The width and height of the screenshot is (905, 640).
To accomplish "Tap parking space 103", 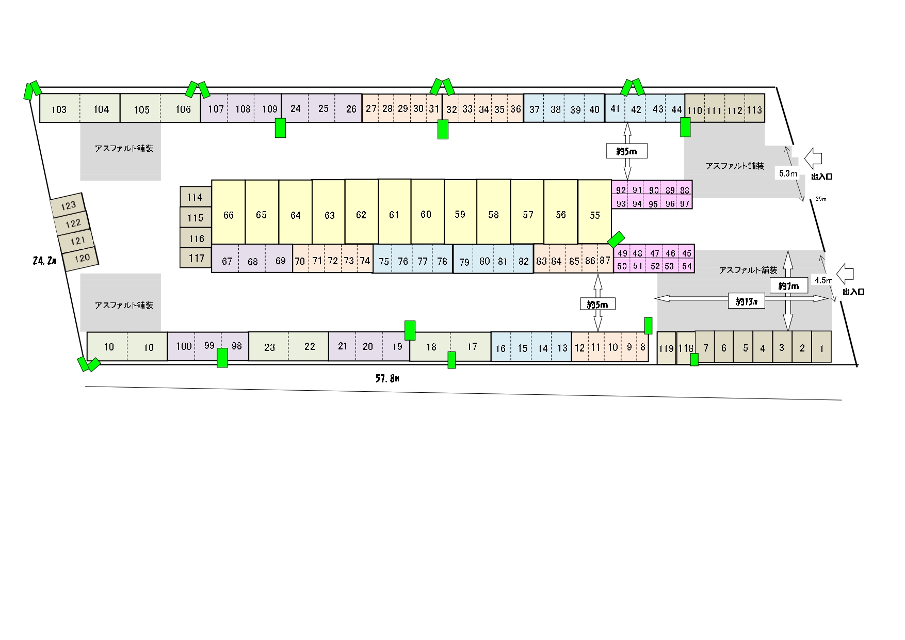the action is coord(60,108).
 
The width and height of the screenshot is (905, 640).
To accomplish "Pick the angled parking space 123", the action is coord(68,205).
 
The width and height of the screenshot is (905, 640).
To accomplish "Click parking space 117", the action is coord(196,258).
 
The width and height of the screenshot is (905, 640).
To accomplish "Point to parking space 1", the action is coord(821,347).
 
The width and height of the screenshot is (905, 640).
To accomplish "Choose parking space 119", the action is coord(666,348).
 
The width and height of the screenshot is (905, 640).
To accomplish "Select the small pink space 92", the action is coord(621,190).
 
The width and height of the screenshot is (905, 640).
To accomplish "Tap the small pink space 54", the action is coord(687,266).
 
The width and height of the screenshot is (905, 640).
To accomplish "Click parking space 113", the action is coord(754,109).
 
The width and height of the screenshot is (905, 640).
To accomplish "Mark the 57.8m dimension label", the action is coord(387,378).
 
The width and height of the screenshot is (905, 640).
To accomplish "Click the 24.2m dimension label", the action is coord(44,261).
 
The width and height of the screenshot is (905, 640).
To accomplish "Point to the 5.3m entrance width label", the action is coord(788,173).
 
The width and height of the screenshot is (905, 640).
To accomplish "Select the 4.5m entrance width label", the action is coord(823,280).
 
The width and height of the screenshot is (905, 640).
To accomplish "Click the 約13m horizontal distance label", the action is coord(747,301).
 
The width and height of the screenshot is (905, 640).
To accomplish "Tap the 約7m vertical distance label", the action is coord(788,285).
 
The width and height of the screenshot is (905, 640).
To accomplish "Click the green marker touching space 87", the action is coord(616,239).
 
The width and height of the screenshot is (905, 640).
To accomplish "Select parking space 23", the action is coord(269,347).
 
